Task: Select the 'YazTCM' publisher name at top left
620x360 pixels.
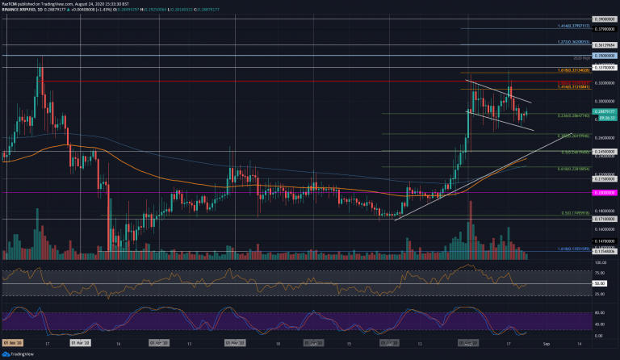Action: click(10, 4)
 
